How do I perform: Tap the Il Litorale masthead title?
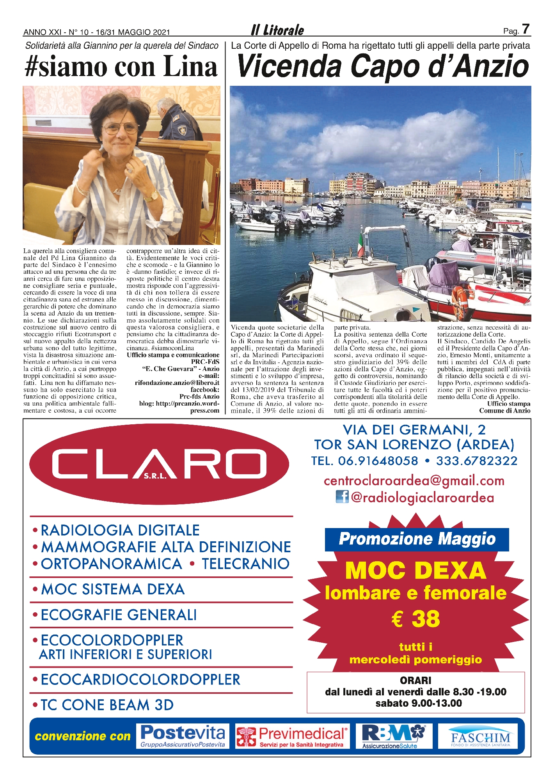tap(277, 30)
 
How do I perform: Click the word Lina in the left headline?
tap(190, 67)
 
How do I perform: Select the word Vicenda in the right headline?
tap(289, 67)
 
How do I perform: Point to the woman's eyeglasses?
tap(121, 128)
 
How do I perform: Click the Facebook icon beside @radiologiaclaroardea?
tap(342, 497)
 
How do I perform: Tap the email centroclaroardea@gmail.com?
tap(414, 481)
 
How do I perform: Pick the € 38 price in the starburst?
tap(415, 619)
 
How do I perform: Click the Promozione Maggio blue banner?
tap(417, 539)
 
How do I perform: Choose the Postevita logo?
tap(183, 736)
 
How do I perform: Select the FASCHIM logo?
tap(480, 736)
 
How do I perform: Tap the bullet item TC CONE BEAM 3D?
tap(107, 705)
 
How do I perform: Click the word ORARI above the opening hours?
tap(415, 681)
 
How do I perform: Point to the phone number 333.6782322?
tap(476, 461)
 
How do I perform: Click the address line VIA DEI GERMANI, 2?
tap(414, 430)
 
